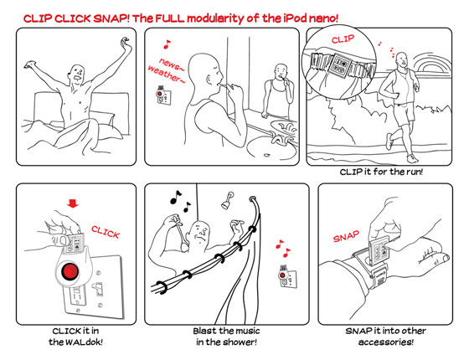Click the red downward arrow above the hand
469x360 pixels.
pos(73,203)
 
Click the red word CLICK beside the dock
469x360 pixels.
pos(106,232)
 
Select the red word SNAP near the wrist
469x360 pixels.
pos(346,236)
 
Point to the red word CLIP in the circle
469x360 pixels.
pos(343,39)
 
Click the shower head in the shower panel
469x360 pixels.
pos(227,200)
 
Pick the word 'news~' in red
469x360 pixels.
pos(172,64)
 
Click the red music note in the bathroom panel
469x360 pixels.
pos(167,44)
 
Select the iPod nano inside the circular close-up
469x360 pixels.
pos(340,64)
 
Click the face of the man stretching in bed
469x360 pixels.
pos(77,75)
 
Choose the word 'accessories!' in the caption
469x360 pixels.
pos(386,342)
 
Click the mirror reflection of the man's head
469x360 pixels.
pos(281,72)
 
